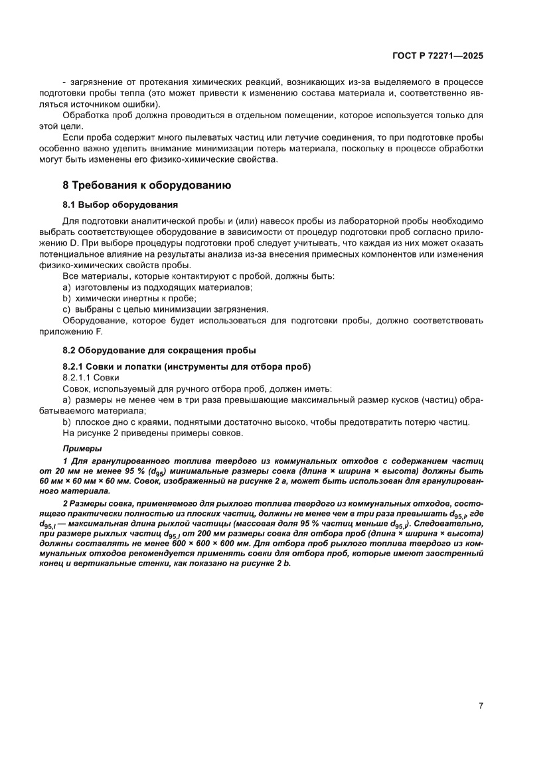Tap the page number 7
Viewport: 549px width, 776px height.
click(x=480, y=706)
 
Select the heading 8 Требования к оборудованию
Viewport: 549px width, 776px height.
click(x=147, y=185)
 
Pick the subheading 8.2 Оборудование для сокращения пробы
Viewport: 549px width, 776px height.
click(x=159, y=350)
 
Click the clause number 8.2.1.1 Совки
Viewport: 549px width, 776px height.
click(x=90, y=377)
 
